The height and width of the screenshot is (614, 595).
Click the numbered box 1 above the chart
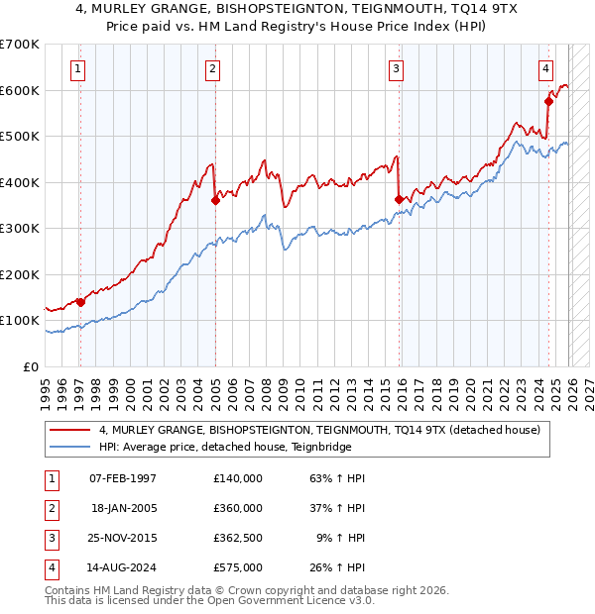(x=78, y=68)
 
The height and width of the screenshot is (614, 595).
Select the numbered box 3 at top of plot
(x=396, y=68)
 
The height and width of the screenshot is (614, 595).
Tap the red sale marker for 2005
(x=215, y=200)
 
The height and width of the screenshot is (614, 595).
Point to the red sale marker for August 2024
(x=548, y=101)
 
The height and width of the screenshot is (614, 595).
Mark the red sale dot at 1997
(x=80, y=302)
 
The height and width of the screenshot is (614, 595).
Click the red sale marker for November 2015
(x=399, y=199)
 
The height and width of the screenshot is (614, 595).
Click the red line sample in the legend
(x=70, y=431)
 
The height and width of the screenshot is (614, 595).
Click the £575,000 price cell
(x=237, y=567)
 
